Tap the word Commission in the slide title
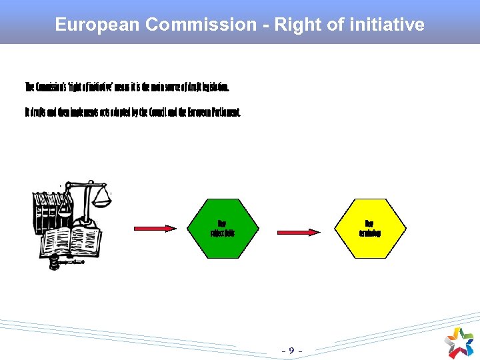[200, 25]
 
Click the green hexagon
[222, 228]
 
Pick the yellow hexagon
[369, 228]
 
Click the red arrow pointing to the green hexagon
[155, 229]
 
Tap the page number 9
[291, 349]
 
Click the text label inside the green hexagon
[222, 228]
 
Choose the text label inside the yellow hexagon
[369, 228]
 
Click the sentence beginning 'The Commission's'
[127, 87]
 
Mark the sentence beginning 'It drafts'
[132, 113]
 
